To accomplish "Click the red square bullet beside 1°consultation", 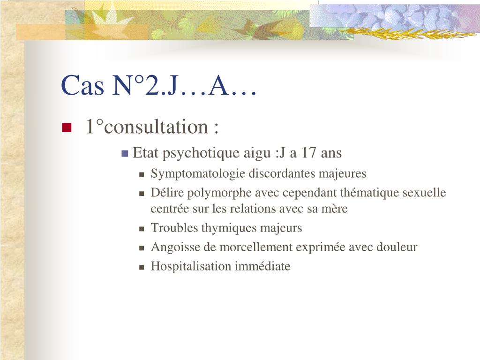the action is [x=67, y=127].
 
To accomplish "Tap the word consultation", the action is [x=156, y=127].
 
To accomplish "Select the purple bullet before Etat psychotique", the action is [x=125, y=153].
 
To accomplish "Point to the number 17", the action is [x=308, y=152].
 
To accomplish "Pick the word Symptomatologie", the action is [x=198, y=174].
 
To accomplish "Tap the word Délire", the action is [x=167, y=193].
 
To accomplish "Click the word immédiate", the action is [x=262, y=266].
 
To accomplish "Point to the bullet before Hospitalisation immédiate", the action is [x=142, y=267].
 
